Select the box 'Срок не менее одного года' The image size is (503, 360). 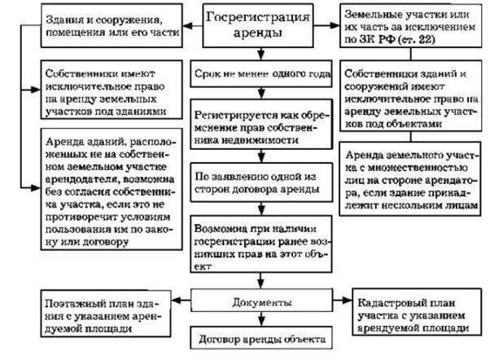[258, 73]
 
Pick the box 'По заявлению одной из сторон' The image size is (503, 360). [258, 180]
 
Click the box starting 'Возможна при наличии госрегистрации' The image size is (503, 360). [258, 242]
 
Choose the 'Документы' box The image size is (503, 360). [258, 301]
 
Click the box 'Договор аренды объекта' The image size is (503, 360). [258, 338]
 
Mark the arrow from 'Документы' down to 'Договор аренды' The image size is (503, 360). [258, 319]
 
